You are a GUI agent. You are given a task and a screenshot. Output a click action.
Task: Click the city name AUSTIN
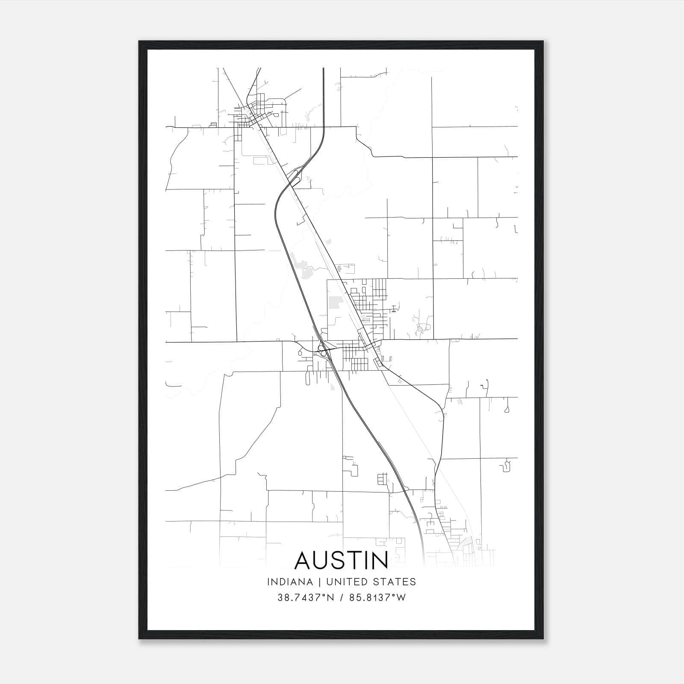(341, 560)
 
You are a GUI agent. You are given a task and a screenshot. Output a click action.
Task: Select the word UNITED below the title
(343, 582)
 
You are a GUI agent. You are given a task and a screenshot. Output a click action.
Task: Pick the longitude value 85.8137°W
(377, 598)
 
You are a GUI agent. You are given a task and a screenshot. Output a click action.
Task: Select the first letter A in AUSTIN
(304, 560)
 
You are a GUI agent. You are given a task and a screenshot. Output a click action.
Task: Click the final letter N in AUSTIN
(379, 560)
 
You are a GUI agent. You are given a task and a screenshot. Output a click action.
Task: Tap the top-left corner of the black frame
(139, 41)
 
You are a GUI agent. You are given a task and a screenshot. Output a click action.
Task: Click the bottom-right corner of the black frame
(543, 639)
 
